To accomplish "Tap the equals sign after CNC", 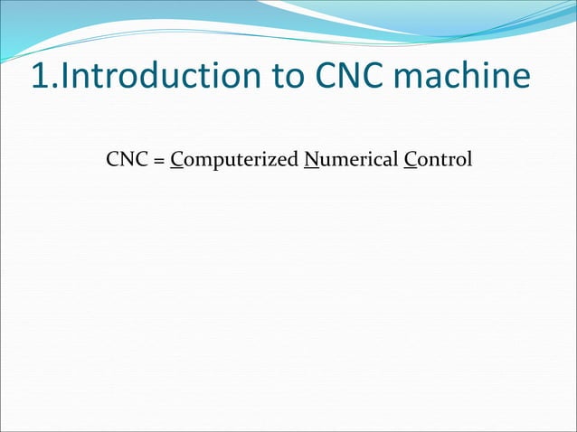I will click(x=156, y=162).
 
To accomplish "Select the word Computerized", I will click(x=234, y=162).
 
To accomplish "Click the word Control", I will click(x=439, y=161).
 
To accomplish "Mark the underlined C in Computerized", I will click(x=176, y=161).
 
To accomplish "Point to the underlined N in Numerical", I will click(x=311, y=161).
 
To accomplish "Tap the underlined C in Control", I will click(x=411, y=161).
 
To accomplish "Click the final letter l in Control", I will click(x=469, y=160).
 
